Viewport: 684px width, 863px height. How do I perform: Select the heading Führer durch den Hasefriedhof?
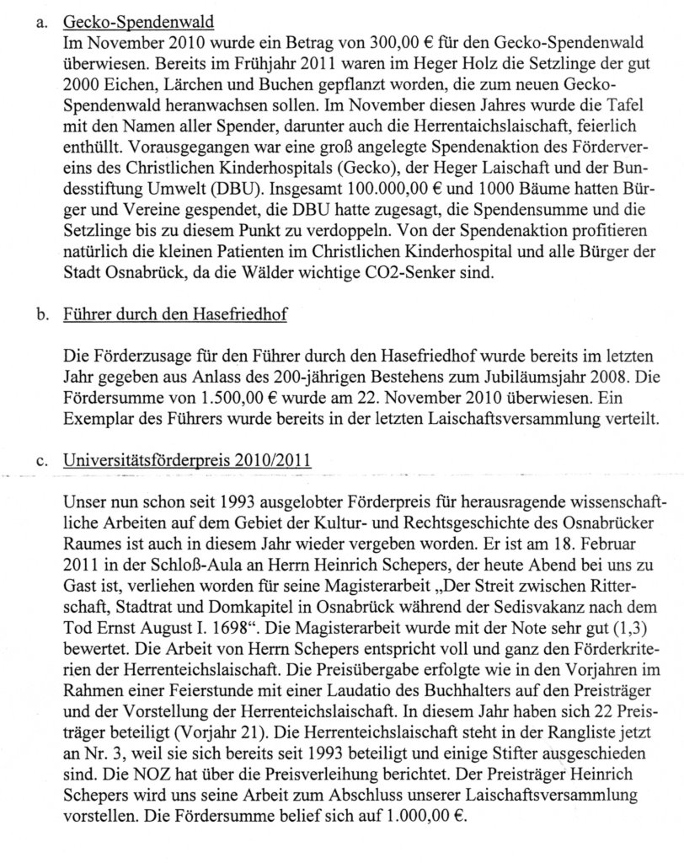[x=174, y=316]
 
